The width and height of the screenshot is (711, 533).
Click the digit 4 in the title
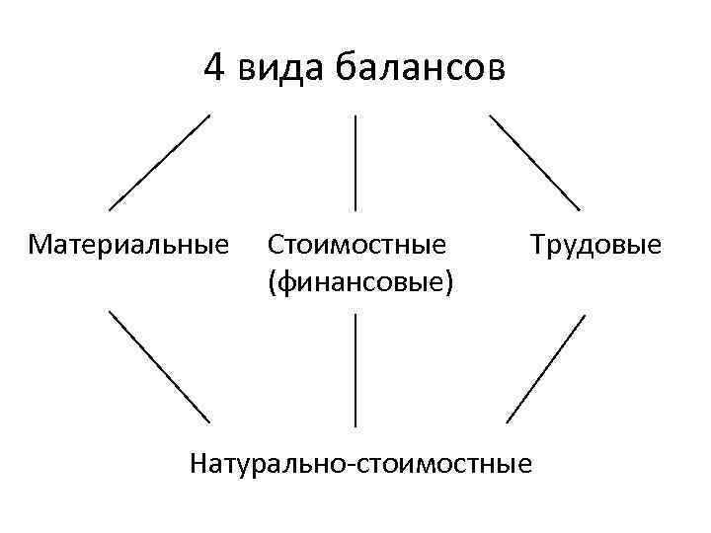(x=214, y=68)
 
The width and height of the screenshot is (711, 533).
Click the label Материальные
(x=128, y=243)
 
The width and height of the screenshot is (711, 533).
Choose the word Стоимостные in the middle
(x=355, y=243)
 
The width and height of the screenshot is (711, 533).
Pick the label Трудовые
(x=595, y=243)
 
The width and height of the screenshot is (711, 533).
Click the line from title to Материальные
(x=159, y=162)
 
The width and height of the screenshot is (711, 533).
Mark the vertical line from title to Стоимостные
(x=355, y=162)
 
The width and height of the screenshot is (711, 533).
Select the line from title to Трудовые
(x=534, y=162)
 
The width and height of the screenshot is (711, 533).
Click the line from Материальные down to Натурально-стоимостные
(x=159, y=366)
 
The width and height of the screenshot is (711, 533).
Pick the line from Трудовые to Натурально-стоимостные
(x=545, y=368)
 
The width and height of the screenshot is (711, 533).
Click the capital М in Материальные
(x=39, y=243)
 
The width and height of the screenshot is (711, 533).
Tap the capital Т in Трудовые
(x=538, y=243)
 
